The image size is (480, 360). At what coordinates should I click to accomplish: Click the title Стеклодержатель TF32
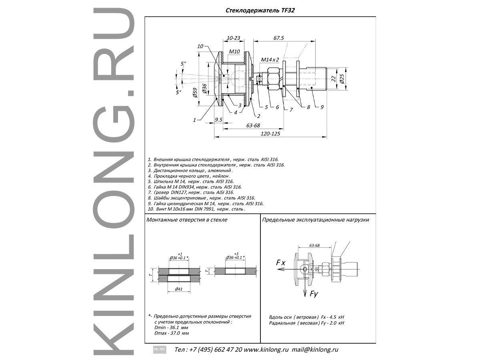pyautogui.click(x=260, y=11)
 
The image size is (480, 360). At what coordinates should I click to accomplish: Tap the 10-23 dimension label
pyautogui.click(x=233, y=38)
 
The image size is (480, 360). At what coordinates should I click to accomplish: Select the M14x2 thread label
pyautogui.click(x=270, y=60)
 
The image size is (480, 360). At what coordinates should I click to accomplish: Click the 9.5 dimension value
pyautogui.click(x=218, y=120)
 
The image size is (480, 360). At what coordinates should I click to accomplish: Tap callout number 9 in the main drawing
pyautogui.click(x=322, y=107)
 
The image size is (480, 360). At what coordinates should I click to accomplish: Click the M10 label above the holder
pyautogui.click(x=234, y=52)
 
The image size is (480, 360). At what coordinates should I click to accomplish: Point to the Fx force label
pyautogui.click(x=280, y=263)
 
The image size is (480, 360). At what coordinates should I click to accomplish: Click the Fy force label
pyautogui.click(x=314, y=294)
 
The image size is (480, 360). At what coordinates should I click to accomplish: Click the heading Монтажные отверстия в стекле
pyautogui.click(x=187, y=220)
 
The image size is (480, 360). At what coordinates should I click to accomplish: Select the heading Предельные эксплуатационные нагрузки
pyautogui.click(x=315, y=220)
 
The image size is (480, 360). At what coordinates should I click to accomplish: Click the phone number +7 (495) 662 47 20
pyautogui.click(x=214, y=349)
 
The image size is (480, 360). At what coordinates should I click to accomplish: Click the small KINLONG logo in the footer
pyautogui.click(x=159, y=349)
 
